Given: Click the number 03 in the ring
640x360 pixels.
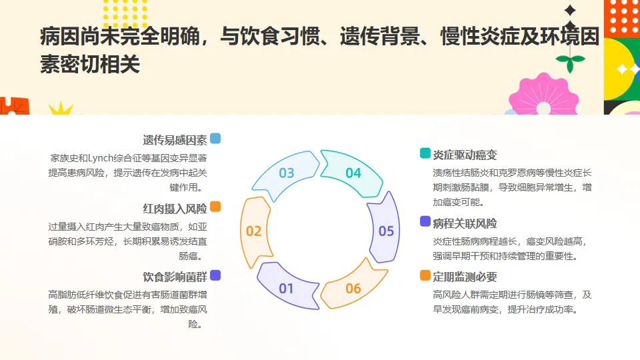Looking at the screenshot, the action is pyautogui.click(x=287, y=173).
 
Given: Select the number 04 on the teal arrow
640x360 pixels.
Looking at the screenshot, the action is pyautogui.click(x=353, y=173).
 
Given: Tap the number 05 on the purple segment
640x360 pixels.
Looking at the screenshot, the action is pyautogui.click(x=387, y=231).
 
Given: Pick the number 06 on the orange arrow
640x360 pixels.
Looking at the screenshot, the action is pyautogui.click(x=353, y=289).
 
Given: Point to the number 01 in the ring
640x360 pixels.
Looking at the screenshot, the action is pyautogui.click(x=287, y=289).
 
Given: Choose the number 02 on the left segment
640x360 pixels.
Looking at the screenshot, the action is pyautogui.click(x=253, y=231).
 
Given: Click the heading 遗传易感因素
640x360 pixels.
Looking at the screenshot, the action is pyautogui.click(x=175, y=140).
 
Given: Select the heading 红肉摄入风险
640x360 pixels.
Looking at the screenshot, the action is pyautogui.click(x=175, y=209).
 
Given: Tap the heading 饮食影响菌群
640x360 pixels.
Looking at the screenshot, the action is pyautogui.click(x=175, y=277).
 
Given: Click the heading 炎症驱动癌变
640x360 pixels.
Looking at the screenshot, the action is pyautogui.click(x=465, y=155).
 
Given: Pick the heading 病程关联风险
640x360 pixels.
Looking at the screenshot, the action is pyautogui.click(x=465, y=223).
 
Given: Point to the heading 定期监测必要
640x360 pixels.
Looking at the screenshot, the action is pyautogui.click(x=465, y=277).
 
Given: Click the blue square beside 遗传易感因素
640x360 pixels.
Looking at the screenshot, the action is pyautogui.click(x=215, y=139).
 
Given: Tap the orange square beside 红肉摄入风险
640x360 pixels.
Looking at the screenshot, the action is pyautogui.click(x=215, y=207).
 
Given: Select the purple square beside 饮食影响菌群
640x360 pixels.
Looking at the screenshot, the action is pyautogui.click(x=215, y=275).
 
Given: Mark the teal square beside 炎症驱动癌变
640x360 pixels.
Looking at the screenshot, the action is pyautogui.click(x=425, y=153).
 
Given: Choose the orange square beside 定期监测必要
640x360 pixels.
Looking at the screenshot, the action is pyautogui.click(x=425, y=275).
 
